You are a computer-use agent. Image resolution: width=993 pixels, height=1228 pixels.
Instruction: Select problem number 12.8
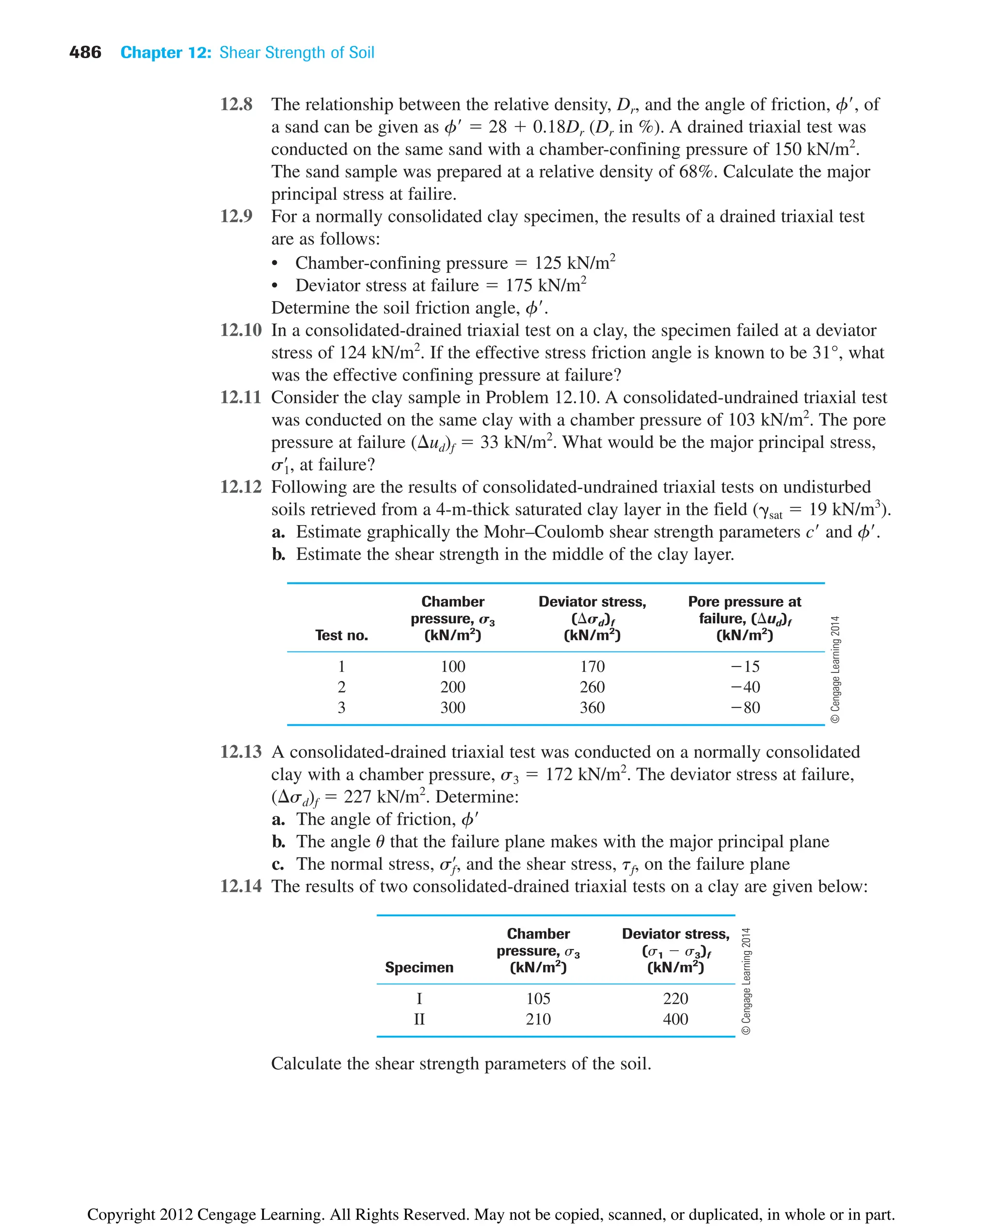[x=236, y=104]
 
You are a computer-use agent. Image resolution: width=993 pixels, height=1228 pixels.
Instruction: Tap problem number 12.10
[x=241, y=330]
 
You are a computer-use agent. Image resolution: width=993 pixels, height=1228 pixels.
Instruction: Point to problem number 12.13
[x=241, y=751]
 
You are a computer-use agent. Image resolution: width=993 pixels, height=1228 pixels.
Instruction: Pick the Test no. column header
[x=341, y=635]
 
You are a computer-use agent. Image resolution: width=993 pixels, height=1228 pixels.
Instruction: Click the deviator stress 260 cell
[x=592, y=687]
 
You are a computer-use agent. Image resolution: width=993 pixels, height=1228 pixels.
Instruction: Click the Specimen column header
[x=419, y=967]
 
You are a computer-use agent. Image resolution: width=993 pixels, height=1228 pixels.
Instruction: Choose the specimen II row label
[x=419, y=1019]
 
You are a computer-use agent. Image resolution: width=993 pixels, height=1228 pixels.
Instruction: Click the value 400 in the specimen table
[x=675, y=1019]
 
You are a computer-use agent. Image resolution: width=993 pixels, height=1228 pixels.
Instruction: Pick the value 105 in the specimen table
[x=538, y=998]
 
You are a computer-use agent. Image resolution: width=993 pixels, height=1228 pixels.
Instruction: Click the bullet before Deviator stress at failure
[x=275, y=286]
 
